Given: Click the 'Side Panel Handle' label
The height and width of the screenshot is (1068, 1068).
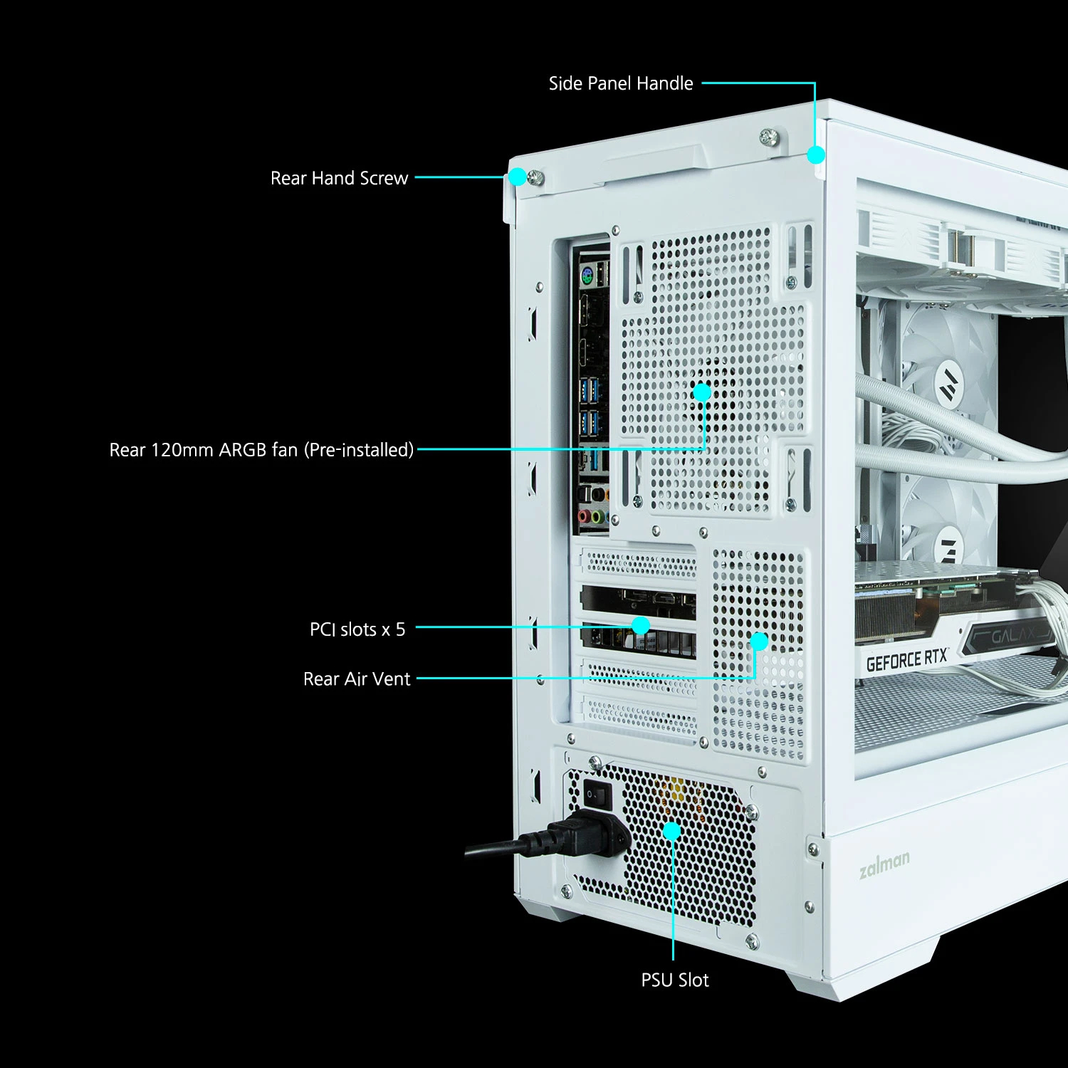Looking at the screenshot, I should [620, 83].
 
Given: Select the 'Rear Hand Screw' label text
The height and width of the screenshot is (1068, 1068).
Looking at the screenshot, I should [339, 178].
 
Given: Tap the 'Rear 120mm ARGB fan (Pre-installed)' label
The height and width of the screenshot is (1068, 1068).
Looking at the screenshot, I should [261, 450].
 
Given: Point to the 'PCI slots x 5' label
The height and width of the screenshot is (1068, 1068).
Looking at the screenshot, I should [357, 629].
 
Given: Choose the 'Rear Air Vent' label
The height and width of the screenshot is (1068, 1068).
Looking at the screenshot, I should [357, 679].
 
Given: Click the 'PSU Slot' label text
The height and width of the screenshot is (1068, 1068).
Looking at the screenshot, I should [674, 980].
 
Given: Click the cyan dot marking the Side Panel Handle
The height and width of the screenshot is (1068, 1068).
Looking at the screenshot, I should [816, 155].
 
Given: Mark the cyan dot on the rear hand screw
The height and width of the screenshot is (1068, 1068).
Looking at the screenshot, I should [518, 177].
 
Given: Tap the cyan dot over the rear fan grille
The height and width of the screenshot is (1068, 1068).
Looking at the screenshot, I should [702, 392].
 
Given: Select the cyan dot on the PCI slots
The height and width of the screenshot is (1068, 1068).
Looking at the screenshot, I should [641, 625].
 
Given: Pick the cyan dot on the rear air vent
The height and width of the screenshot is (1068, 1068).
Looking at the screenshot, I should [759, 642].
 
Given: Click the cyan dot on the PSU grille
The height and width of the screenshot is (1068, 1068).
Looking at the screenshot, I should [671, 830].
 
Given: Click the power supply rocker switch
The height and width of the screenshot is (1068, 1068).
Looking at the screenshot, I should [597, 794].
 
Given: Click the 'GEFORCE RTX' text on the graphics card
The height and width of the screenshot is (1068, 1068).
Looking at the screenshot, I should [906, 659].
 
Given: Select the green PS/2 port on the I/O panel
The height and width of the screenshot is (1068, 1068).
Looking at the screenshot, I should [587, 277].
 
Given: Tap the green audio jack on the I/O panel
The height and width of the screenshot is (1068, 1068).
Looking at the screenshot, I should [599, 516].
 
